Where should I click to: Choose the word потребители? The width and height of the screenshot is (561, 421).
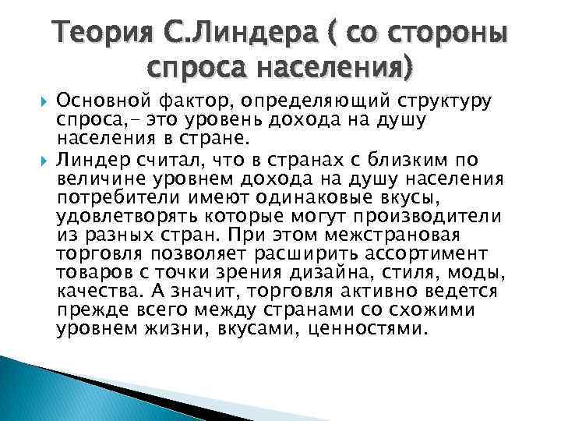105,198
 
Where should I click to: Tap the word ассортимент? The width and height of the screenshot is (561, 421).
446,254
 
